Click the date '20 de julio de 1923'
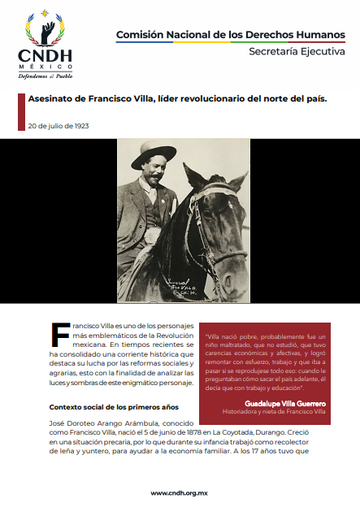click(58, 126)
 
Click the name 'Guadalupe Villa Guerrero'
click(285, 402)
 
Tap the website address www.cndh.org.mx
click(179, 492)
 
